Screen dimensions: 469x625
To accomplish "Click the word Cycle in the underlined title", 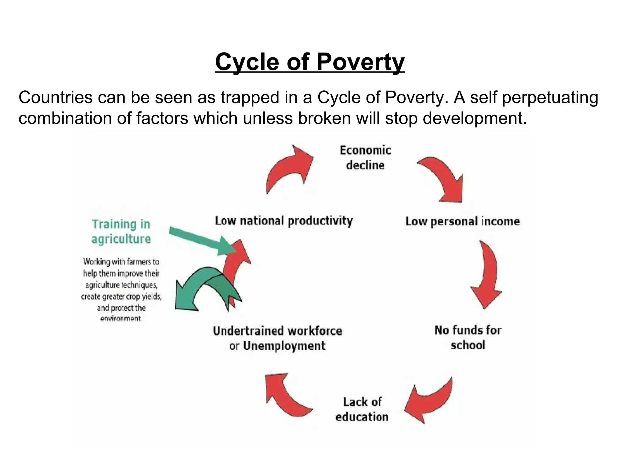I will coord(247,62).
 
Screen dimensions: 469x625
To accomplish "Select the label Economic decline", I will coord(365,158).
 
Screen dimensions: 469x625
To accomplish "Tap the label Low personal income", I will coord(462,221).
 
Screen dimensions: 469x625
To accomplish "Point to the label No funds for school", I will coord(468,338).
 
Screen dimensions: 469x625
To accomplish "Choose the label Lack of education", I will coord(362,409).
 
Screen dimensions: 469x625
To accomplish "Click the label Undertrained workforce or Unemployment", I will coord(277,338).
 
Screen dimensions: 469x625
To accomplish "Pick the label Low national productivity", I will coord(284,221).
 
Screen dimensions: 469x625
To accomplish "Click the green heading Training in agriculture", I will coord(121,231).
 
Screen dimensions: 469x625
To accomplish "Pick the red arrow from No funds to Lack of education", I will coord(430,400).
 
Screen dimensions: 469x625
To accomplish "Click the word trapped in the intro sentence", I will coord(250,97).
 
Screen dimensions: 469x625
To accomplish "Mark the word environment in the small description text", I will coord(121,319).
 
